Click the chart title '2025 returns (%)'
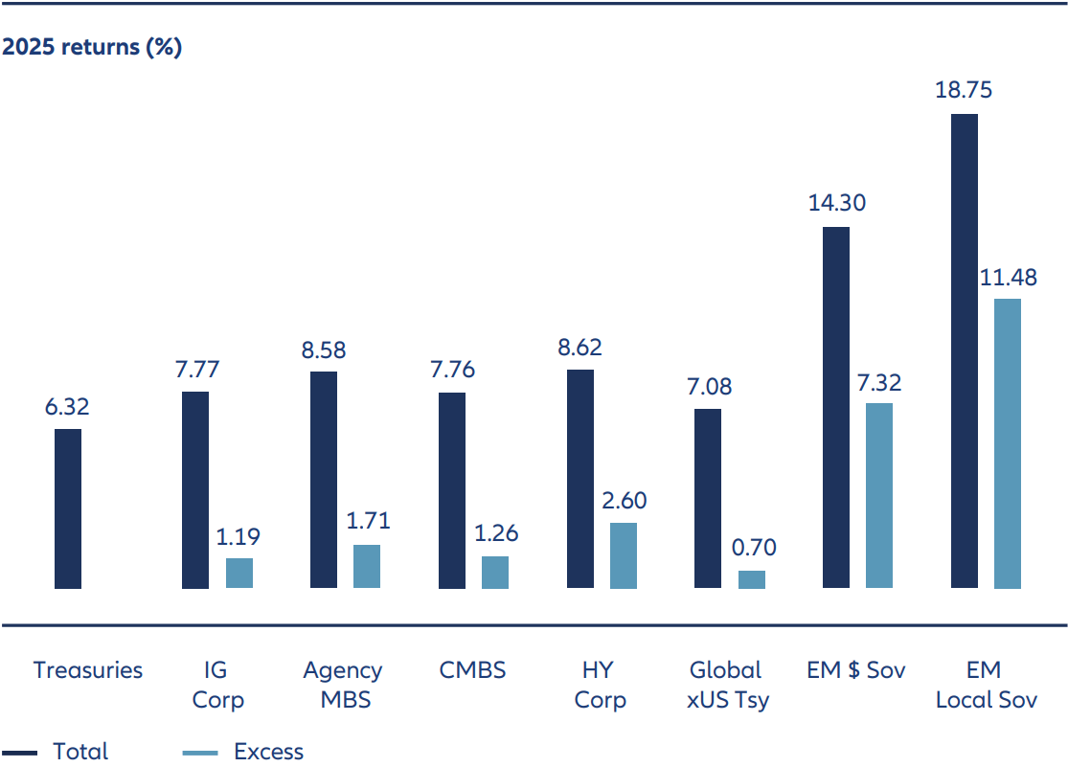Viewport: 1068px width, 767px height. pyautogui.click(x=92, y=48)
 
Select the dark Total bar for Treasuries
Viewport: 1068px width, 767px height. pyautogui.click(x=68, y=508)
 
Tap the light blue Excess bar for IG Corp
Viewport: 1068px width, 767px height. pyautogui.click(x=239, y=573)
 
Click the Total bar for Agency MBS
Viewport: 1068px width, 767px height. pyautogui.click(x=324, y=480)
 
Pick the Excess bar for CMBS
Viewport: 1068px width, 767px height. pyautogui.click(x=495, y=572)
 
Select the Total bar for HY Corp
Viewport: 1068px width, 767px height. pyautogui.click(x=580, y=479)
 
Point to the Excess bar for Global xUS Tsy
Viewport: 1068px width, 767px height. pyautogui.click(x=752, y=579)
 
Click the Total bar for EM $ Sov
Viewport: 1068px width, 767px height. pyautogui.click(x=836, y=407)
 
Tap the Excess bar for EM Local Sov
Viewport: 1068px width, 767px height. pyautogui.click(x=1008, y=443)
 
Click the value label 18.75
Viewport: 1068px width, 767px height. pyautogui.click(x=964, y=91)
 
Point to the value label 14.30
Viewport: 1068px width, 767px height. pyautogui.click(x=836, y=203)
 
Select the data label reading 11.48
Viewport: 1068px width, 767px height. pyautogui.click(x=1008, y=278)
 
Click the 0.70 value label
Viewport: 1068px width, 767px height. pyautogui.click(x=752, y=549)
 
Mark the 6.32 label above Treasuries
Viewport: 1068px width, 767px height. pyautogui.click(x=68, y=407)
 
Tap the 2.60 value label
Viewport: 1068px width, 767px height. pyautogui.click(x=624, y=501)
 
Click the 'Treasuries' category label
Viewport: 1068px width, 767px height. pyautogui.click(x=88, y=670)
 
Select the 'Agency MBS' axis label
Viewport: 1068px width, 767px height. pyautogui.click(x=343, y=685)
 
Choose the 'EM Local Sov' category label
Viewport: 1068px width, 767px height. pyautogui.click(x=986, y=685)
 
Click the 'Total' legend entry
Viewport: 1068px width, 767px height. pyautogui.click(x=80, y=752)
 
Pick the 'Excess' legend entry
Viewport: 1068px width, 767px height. pyautogui.click(x=268, y=752)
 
